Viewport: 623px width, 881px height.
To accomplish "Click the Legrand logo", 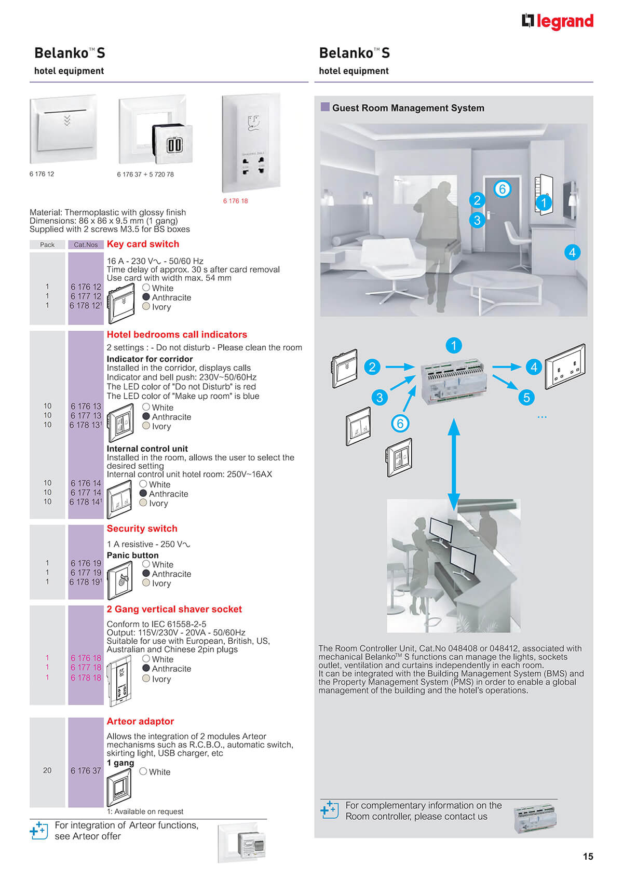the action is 557,21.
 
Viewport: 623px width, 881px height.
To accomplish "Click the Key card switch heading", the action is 143,244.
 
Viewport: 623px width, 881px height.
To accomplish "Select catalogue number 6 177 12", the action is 86,296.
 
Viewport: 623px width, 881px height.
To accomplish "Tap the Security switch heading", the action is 142,528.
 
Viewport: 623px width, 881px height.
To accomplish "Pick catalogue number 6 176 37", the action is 86,770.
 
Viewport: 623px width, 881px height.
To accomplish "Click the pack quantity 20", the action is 47,770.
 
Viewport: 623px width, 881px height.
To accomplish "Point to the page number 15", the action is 588,856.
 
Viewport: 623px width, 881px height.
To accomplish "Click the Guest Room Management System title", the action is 408,108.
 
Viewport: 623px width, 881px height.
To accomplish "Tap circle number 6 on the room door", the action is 502,189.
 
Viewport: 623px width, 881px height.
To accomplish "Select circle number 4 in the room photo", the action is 572,252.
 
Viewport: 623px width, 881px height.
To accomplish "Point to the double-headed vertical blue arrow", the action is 453,464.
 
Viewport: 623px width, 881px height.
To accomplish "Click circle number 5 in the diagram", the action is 526,397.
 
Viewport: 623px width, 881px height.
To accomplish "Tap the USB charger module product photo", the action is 172,144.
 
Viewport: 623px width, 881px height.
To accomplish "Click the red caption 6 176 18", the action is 235,201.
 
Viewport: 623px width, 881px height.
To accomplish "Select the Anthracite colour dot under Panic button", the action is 146,574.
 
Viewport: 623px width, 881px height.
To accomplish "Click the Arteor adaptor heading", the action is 140,721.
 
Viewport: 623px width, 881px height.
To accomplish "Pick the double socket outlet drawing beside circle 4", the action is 565,367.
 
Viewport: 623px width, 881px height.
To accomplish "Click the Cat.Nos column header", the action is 86,245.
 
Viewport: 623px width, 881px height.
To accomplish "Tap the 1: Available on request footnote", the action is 145,811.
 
